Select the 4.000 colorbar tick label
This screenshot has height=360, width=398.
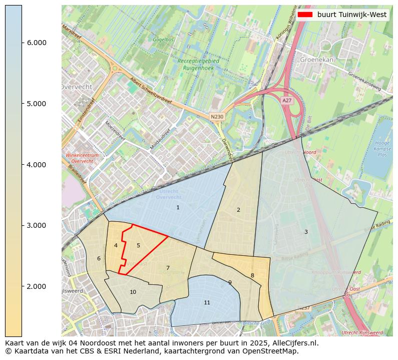pos(36,165)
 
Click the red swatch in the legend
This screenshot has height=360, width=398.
pos(304,15)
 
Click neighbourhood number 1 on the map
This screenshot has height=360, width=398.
pos(178,207)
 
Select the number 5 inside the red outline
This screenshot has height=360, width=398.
pos(138,245)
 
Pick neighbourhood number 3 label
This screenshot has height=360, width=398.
pos(306,232)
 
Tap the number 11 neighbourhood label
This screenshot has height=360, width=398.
pos(207,303)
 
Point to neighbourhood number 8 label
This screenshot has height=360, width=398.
pos(252,275)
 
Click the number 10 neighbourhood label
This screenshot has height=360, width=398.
pos(133,292)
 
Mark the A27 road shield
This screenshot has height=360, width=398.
pos(287,101)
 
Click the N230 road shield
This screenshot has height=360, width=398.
pos(217,117)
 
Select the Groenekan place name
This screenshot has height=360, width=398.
pos(316,59)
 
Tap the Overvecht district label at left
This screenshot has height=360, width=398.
pos(76,87)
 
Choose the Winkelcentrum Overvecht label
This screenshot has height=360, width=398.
pos(82,158)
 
